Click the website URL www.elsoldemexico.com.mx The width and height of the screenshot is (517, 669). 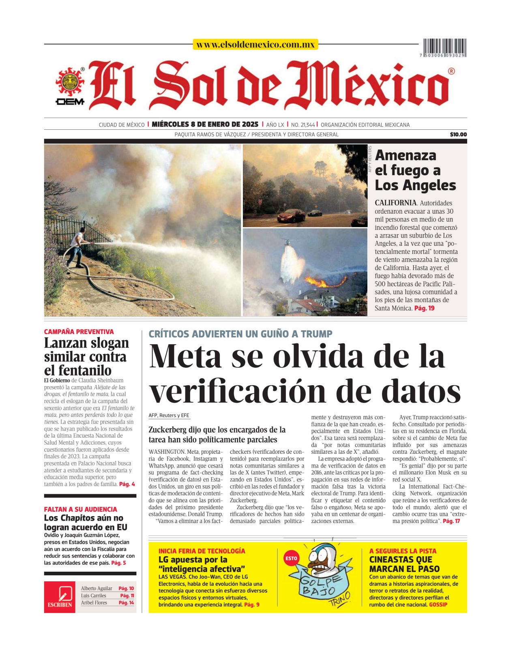click(x=255, y=45)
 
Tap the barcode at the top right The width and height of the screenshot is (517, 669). click(x=444, y=47)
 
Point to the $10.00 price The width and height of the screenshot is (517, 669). click(x=458, y=135)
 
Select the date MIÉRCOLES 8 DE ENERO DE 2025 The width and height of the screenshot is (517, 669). click(x=205, y=124)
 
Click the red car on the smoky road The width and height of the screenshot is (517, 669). click(x=290, y=216)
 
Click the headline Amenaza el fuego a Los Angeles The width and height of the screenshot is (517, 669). click(x=415, y=170)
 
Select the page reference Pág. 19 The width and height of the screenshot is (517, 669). click(x=425, y=308)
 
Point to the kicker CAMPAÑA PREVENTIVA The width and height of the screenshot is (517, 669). click(x=79, y=332)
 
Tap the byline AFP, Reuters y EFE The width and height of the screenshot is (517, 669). click(x=169, y=415)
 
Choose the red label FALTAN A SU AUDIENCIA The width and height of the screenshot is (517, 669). click(x=80, y=509)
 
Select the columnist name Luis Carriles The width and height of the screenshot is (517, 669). click(x=94, y=596)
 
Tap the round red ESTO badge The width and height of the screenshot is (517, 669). click(x=291, y=558)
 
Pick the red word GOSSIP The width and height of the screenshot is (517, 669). click(x=438, y=605)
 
